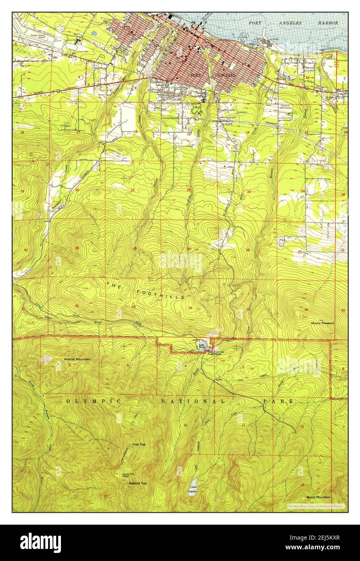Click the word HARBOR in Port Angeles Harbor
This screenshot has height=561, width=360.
point(327,23)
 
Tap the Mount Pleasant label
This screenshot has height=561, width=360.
point(323,323)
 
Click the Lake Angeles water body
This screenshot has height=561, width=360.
point(194,484)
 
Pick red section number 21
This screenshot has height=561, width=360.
point(132,190)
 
